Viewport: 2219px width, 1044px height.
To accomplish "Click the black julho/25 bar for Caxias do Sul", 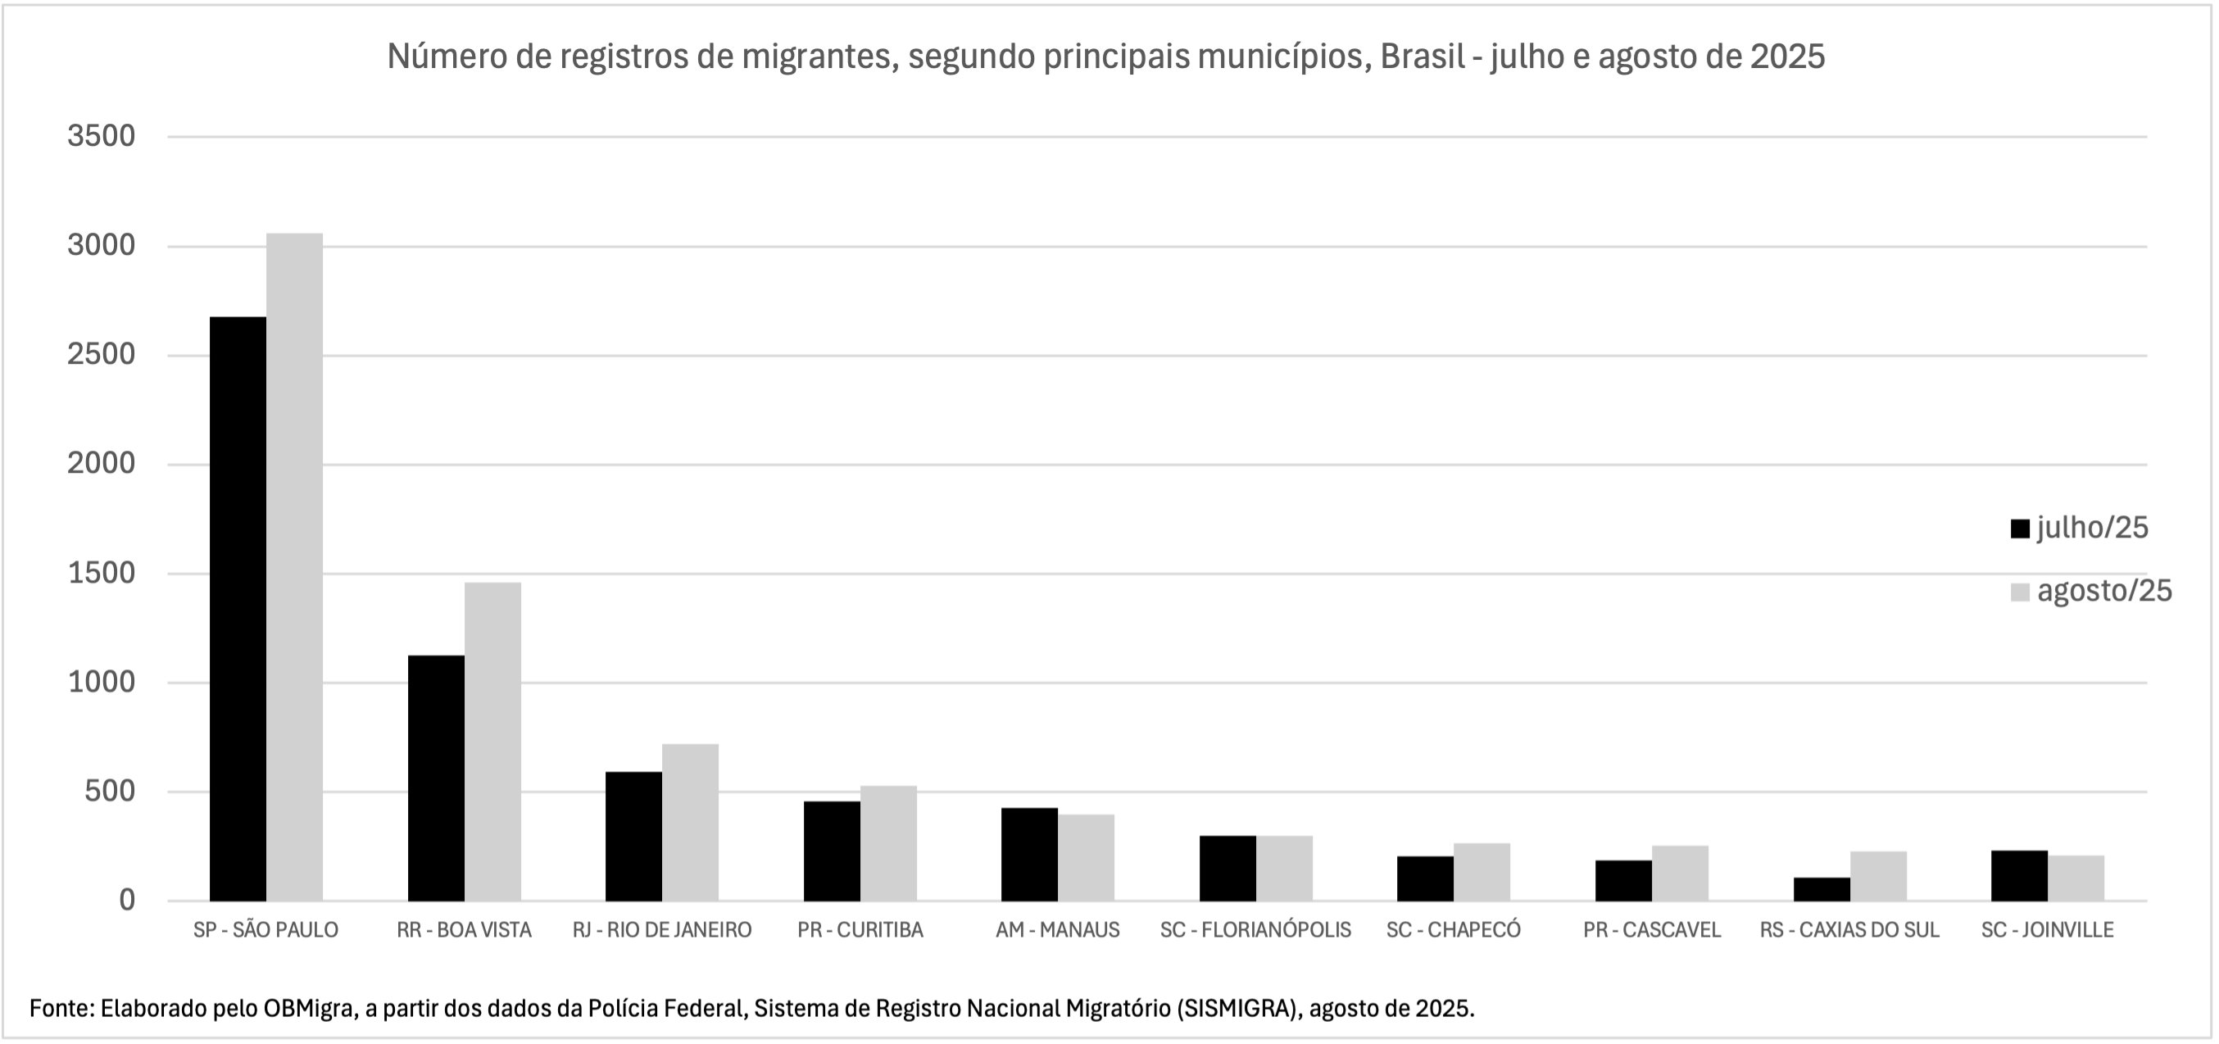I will coord(1821,889).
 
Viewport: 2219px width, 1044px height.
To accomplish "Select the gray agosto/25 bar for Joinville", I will coord(2076,878).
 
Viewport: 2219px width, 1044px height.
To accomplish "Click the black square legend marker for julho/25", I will coord(2020,529).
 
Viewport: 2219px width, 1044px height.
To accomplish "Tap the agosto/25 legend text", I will coord(2104,592).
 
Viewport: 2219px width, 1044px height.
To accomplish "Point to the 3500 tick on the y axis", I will coord(102,136).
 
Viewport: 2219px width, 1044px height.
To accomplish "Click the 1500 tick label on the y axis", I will coord(102,573).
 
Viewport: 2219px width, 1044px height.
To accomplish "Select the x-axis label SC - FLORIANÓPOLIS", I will coord(1255,930).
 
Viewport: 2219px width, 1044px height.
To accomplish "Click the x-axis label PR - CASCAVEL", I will coord(1651,930).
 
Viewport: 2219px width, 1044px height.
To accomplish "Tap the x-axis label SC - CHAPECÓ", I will coord(1453,930).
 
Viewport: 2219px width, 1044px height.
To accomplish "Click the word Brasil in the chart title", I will coord(1423,57).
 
